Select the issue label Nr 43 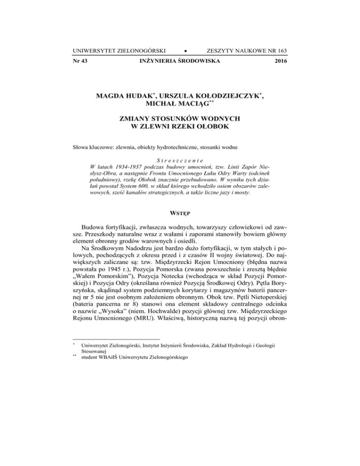(x=81, y=61)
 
